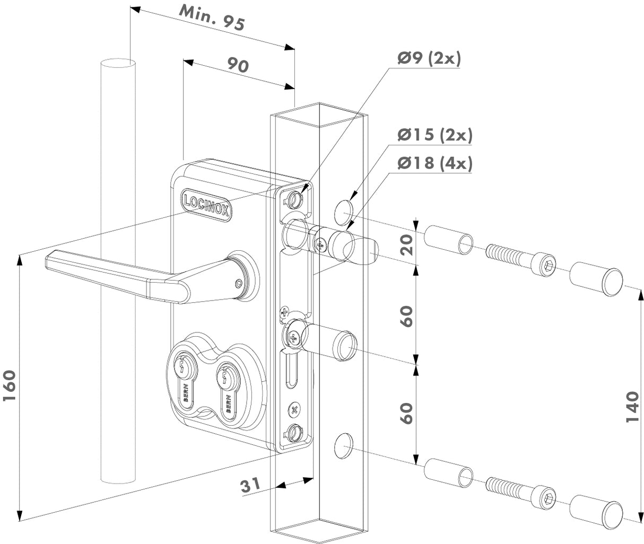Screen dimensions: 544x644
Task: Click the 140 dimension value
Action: [x=632, y=407]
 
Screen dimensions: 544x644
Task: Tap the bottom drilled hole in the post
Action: [x=343, y=444]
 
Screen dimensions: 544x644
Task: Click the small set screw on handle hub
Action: [x=238, y=283]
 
